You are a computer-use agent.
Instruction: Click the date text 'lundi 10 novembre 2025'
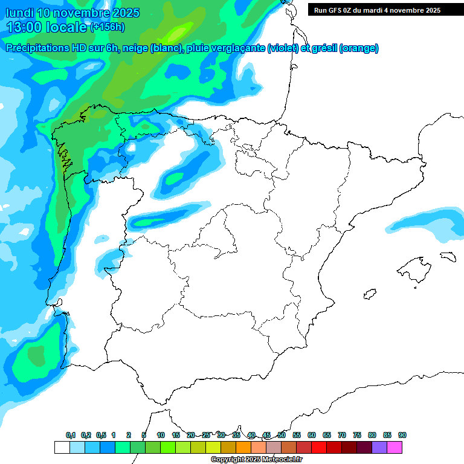(x=72, y=13)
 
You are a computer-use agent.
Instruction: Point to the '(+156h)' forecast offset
(x=108, y=27)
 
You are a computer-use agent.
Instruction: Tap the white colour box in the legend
(x=62, y=447)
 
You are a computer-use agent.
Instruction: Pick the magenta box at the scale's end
(x=395, y=447)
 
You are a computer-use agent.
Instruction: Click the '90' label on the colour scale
(x=402, y=435)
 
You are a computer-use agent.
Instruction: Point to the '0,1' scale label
(x=71, y=435)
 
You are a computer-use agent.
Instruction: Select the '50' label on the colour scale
(x=282, y=435)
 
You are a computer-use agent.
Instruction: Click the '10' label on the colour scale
(x=161, y=435)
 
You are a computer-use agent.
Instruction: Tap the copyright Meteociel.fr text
(x=257, y=460)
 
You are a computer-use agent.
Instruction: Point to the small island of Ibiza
(x=368, y=295)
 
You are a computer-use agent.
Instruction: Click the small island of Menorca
(x=448, y=256)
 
